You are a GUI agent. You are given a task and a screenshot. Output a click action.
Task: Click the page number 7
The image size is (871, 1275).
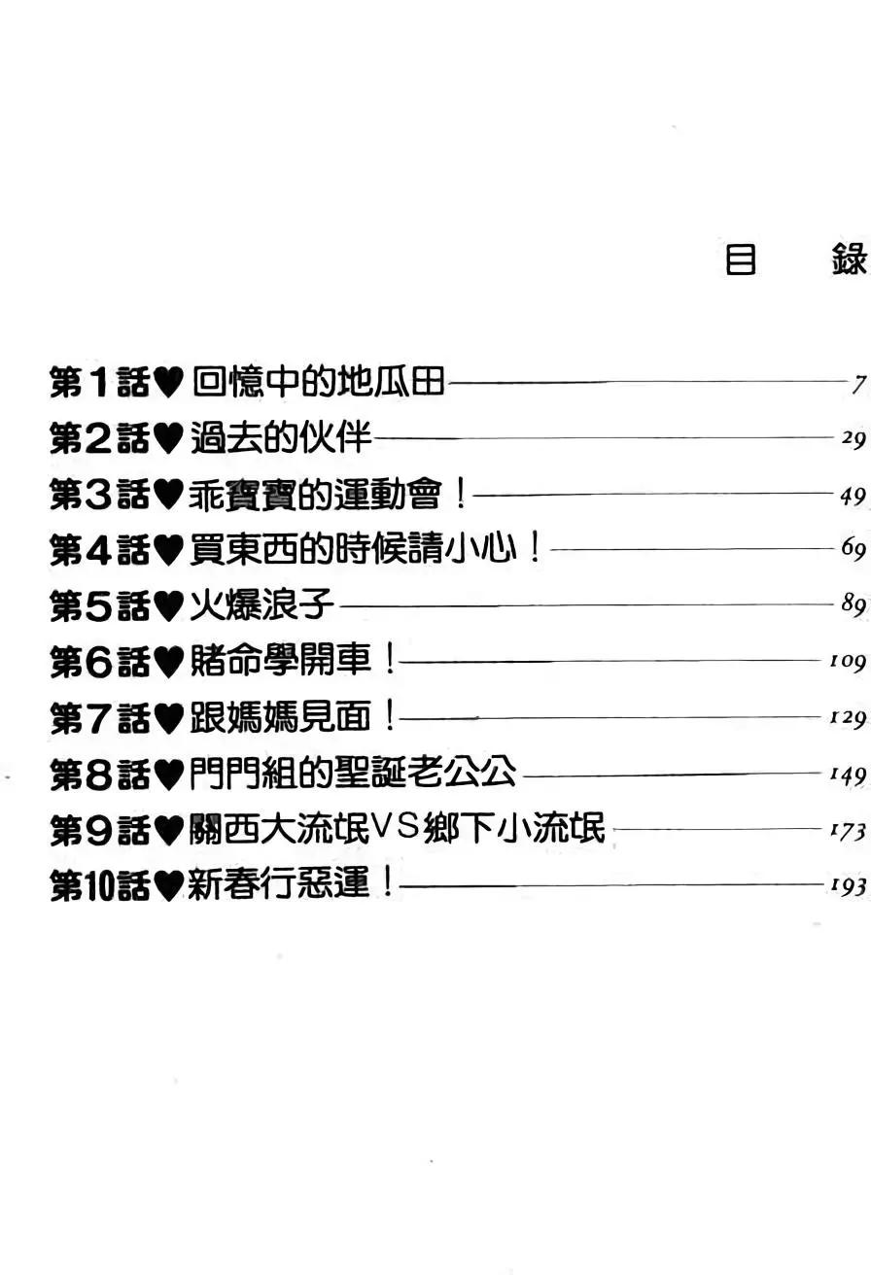click(858, 385)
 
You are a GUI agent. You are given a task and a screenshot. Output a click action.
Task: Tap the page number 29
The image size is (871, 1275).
click(853, 440)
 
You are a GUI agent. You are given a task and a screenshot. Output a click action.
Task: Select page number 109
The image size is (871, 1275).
click(847, 664)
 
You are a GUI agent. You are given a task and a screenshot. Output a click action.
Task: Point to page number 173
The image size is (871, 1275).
click(847, 832)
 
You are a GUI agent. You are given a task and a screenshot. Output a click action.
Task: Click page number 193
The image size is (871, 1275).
click(847, 887)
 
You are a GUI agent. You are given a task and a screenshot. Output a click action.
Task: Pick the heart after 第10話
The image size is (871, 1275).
click(168, 887)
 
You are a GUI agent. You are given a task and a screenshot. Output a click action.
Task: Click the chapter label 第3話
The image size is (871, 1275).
click(99, 496)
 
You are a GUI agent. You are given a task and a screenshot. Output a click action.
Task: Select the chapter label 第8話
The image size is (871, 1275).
click(99, 775)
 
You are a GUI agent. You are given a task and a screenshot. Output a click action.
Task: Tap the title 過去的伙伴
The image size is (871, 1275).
click(280, 439)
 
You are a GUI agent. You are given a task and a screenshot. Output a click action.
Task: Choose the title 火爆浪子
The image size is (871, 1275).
click(261, 607)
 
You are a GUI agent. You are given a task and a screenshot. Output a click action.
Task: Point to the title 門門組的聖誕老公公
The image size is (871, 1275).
click(352, 775)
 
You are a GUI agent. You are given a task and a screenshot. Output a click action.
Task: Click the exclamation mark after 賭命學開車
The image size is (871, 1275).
click(390, 663)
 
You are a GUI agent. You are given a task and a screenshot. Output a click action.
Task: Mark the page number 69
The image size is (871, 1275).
click(853, 551)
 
